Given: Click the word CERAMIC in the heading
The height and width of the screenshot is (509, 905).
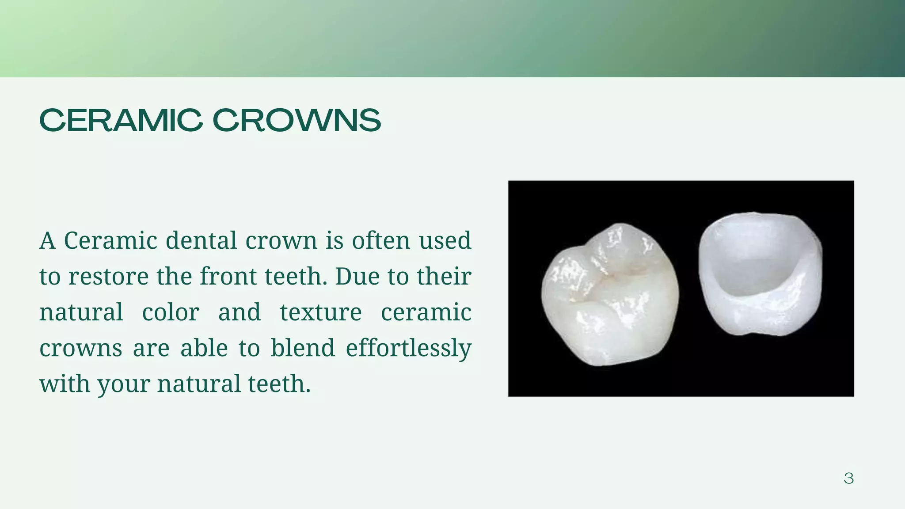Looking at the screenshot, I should coord(121,120).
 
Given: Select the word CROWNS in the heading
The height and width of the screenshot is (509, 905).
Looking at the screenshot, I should coord(297,120).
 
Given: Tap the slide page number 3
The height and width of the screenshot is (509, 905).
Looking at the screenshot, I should coord(848,478).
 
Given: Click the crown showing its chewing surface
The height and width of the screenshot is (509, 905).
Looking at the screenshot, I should coord(610,295).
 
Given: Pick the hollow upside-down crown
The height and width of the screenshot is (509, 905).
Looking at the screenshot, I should coord(760,274).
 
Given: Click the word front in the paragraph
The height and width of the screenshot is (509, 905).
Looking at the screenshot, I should coord(228,277).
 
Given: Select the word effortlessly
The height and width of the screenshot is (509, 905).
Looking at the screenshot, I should coord(408,348).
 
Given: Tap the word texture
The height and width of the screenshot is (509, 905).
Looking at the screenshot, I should coord(321,312).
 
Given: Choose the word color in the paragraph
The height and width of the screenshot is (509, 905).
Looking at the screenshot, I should coord(171,312).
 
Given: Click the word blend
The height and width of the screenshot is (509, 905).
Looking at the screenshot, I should coord(303,348).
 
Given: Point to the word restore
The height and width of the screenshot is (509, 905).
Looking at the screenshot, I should coord(109,277).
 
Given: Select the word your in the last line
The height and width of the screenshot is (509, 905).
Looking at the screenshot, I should coord(124,384).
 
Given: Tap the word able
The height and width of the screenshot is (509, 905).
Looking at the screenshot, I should coord(204,348).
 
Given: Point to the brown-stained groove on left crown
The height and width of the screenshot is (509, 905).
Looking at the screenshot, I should coord(605,278).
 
